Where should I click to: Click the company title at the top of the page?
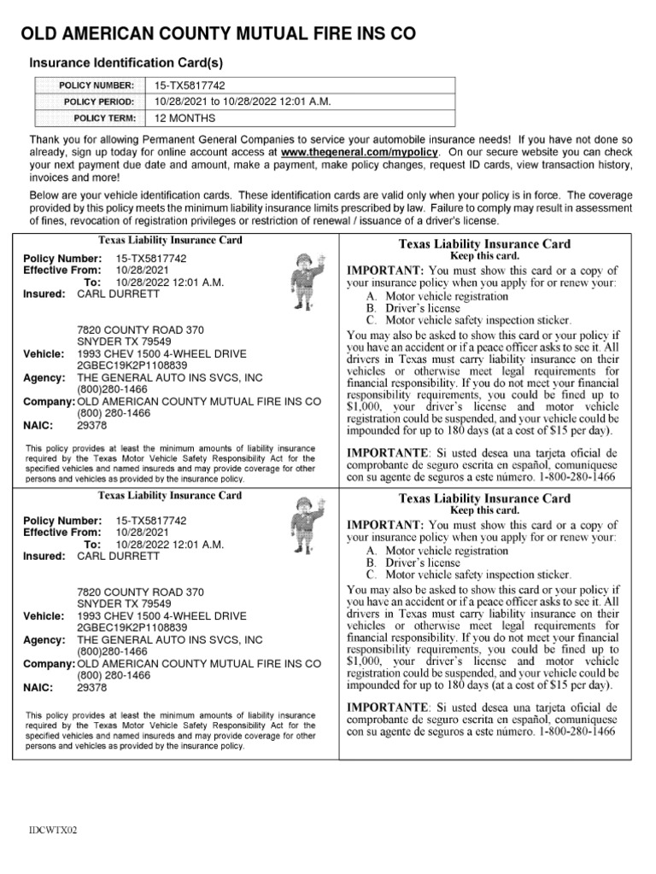tap(218, 34)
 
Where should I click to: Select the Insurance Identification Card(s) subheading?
tap(126, 63)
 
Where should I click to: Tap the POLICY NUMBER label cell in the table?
tap(96, 86)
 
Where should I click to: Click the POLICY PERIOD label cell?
tap(96, 102)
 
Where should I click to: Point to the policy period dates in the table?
tap(243, 102)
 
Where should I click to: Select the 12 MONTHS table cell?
tap(185, 118)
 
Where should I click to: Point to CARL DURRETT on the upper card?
tap(119, 294)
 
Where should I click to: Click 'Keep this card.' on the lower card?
tap(484, 510)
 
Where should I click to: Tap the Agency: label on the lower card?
tap(44, 639)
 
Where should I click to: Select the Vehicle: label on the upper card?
tap(44, 353)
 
